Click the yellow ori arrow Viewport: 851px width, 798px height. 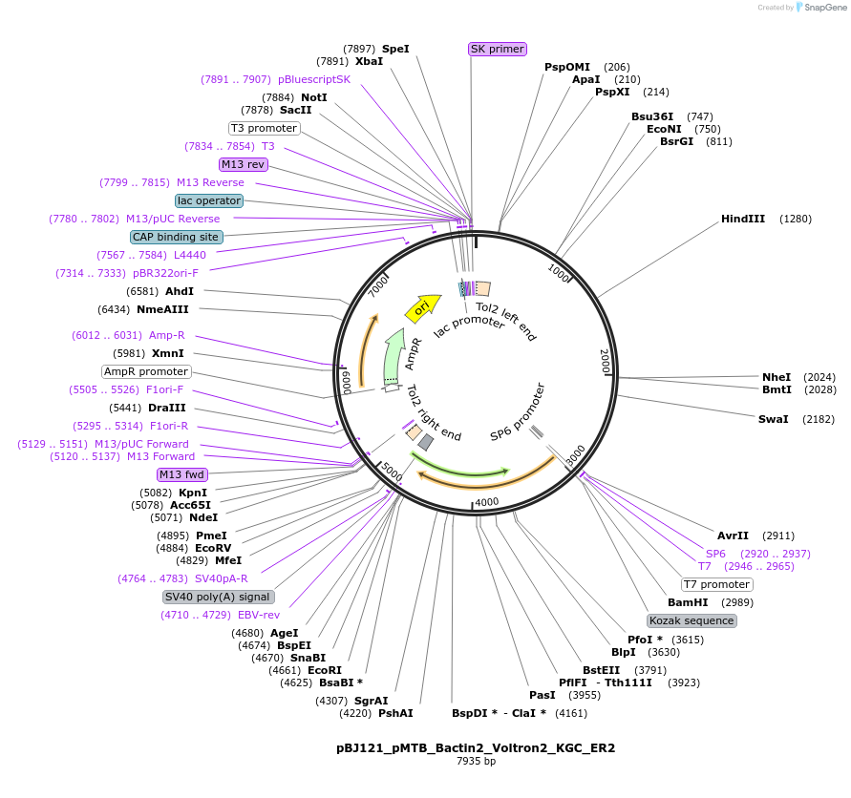coord(423,308)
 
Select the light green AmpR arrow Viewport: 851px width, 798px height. coord(394,357)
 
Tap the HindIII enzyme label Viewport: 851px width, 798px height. coord(742,219)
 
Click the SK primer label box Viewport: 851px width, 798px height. coord(498,49)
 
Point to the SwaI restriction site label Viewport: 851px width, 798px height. coord(773,419)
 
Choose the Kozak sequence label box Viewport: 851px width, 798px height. coord(691,620)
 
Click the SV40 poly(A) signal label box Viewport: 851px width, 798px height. coord(217,597)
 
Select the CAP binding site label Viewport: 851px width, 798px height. coord(177,237)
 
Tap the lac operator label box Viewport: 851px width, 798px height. coord(209,200)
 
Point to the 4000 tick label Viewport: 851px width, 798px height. coord(487,502)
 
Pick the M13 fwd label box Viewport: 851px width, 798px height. coord(181,474)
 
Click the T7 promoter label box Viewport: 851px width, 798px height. coord(717,584)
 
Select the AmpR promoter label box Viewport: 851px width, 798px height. coord(146,371)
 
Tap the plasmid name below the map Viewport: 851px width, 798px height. coord(476,748)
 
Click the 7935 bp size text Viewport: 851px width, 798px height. coord(476,761)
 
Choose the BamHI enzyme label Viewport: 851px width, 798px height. coord(688,602)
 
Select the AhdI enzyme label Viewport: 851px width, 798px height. coord(180,291)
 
